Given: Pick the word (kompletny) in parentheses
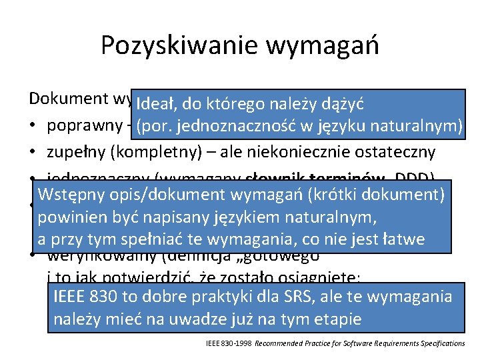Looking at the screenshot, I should click(x=157, y=152).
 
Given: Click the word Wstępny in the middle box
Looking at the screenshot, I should click(x=66, y=195).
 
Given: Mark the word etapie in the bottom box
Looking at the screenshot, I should click(x=339, y=319).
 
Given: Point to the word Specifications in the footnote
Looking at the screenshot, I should click(x=442, y=343).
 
